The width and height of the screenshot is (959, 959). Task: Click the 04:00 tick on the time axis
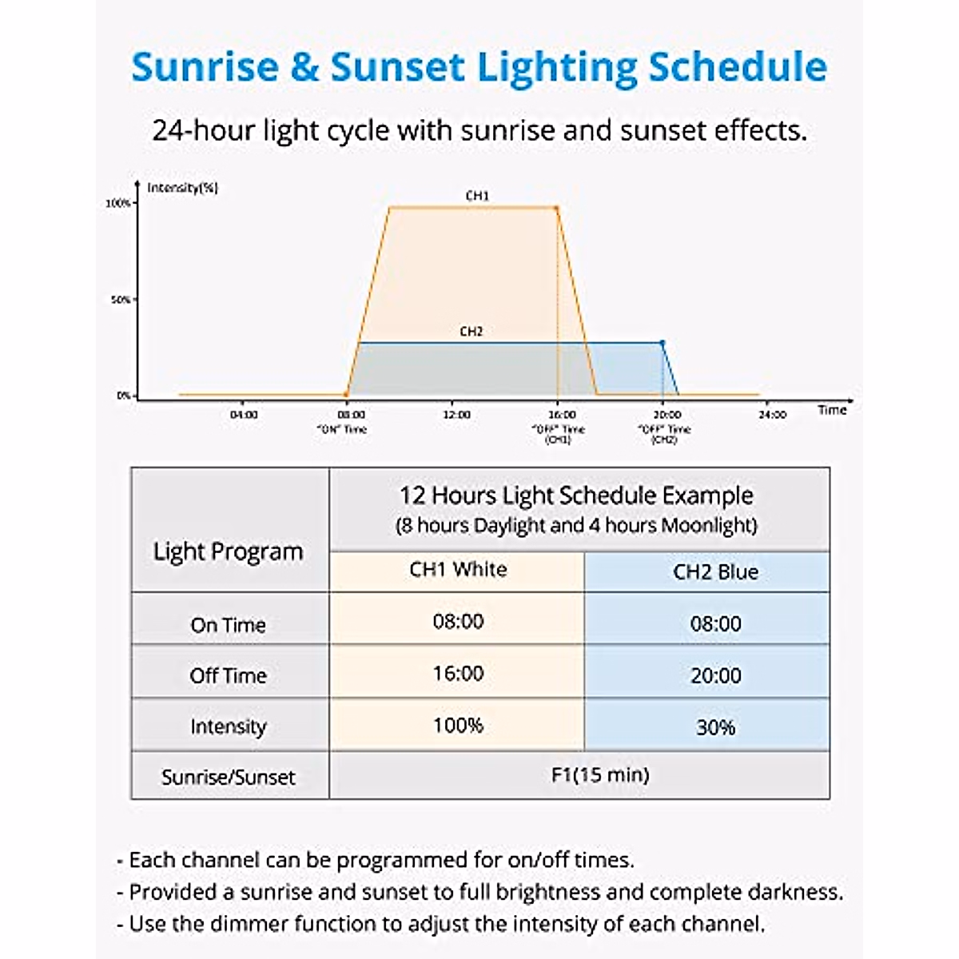pos(244,415)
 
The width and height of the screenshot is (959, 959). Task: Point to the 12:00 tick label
pos(456,415)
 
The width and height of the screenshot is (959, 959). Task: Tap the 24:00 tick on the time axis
pos(772,415)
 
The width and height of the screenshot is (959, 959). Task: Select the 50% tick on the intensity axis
pos(121,300)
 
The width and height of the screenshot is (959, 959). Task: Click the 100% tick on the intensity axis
pos(119,203)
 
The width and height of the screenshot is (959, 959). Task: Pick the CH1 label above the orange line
pos(477,196)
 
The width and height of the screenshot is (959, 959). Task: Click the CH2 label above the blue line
pos(472,331)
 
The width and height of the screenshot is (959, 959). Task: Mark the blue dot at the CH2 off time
pos(662,343)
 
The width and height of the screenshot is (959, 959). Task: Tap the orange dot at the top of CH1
pos(556,209)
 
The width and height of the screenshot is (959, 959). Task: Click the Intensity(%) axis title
pos(183,188)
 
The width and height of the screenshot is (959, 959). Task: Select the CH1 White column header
pos(458,570)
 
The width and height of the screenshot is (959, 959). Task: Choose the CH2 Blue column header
pos(715,572)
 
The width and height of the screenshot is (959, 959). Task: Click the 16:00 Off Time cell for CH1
pos(458,674)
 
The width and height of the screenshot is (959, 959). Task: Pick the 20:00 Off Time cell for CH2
pos(715,676)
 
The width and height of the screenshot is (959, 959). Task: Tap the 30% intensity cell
pos(715,727)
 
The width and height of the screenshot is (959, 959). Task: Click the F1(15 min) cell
pos(600,775)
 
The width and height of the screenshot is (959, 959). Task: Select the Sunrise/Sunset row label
pos(229,778)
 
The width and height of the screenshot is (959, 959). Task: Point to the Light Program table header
pos(229,551)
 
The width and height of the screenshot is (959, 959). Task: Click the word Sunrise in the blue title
pos(205,67)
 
